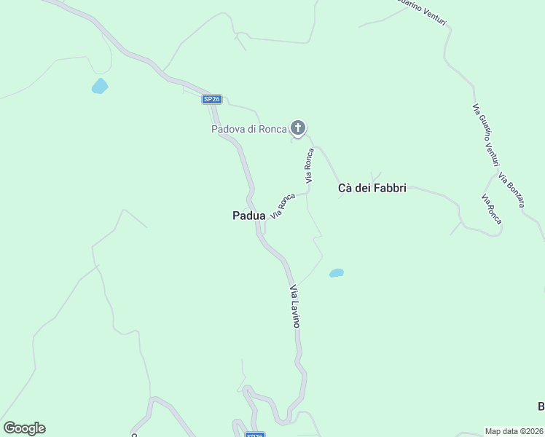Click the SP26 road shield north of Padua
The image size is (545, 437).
(x=211, y=99)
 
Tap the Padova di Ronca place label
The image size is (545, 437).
(x=248, y=130)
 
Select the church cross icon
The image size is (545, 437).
(x=297, y=128)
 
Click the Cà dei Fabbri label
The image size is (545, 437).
(x=372, y=188)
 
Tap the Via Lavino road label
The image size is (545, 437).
(x=294, y=306)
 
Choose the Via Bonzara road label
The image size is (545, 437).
(x=511, y=189)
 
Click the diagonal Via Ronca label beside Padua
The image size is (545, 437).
(x=283, y=205)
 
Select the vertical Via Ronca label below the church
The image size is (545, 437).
(x=309, y=164)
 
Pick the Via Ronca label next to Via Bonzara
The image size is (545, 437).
(x=492, y=208)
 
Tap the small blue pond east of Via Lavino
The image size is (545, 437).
(x=336, y=273)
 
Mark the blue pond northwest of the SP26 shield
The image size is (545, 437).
(x=99, y=87)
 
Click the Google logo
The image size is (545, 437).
(x=24, y=428)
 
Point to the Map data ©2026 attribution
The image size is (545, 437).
(x=514, y=430)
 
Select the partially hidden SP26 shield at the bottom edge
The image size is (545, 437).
(x=254, y=435)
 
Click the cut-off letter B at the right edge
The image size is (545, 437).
(x=541, y=406)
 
